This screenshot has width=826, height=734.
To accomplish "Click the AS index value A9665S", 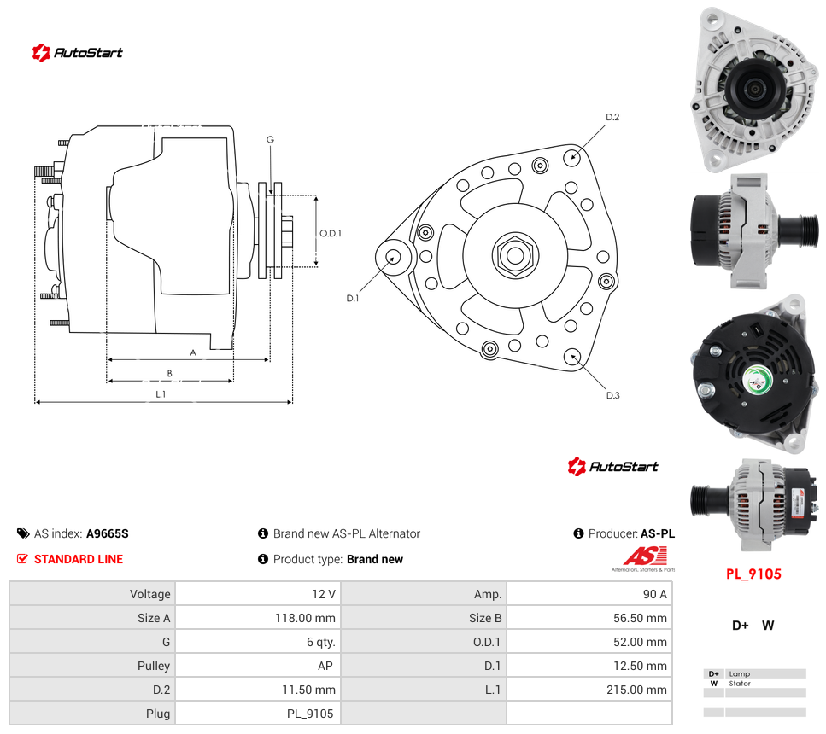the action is [x=108, y=533].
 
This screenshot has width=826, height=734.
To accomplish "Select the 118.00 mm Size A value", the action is [x=305, y=618].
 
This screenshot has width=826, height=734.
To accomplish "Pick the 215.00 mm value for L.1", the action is [x=636, y=690].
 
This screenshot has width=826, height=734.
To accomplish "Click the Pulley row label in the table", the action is [x=153, y=666].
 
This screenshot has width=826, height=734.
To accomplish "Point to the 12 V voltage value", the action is [x=324, y=594].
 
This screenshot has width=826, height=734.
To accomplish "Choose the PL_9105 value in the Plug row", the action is [x=310, y=714].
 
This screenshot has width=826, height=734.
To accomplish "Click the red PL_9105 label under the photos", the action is [x=753, y=574].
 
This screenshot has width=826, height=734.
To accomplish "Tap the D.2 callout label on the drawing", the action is [x=612, y=117].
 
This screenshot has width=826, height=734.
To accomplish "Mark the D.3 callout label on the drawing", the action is [x=612, y=395].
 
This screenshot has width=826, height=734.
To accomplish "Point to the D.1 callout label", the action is [x=353, y=298].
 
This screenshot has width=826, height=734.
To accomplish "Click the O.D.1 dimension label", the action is [x=331, y=233].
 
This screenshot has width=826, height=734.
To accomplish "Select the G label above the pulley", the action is [x=270, y=139].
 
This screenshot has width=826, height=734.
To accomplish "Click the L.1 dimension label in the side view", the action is [x=161, y=393].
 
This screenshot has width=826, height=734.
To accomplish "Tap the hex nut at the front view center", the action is [x=515, y=256].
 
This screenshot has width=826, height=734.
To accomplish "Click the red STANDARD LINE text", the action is [x=79, y=559].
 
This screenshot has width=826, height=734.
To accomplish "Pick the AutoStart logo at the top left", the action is [x=78, y=53].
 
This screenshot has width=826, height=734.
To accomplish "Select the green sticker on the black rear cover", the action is [x=758, y=379].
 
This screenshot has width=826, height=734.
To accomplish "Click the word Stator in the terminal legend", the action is [x=740, y=684].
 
